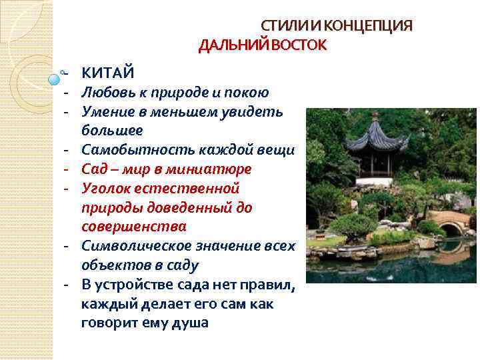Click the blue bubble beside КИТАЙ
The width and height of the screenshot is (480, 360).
(x=55, y=79)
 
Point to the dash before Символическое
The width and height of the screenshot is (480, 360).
(x=67, y=245)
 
